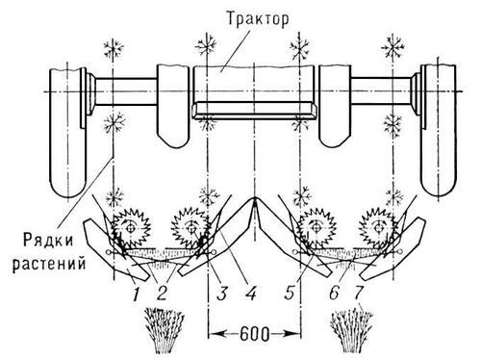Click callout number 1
136,284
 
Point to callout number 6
333,284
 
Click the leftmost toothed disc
128,232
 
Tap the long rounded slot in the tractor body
253,117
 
